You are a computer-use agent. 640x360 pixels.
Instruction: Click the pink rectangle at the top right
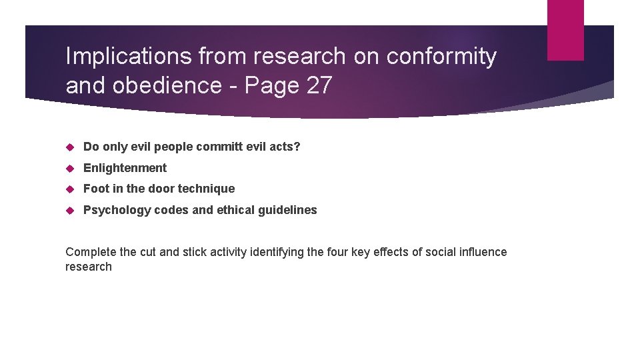click(x=565, y=30)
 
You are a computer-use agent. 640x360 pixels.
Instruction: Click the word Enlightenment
click(x=125, y=167)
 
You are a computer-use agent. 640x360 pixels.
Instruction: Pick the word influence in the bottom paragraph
click(x=482, y=252)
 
